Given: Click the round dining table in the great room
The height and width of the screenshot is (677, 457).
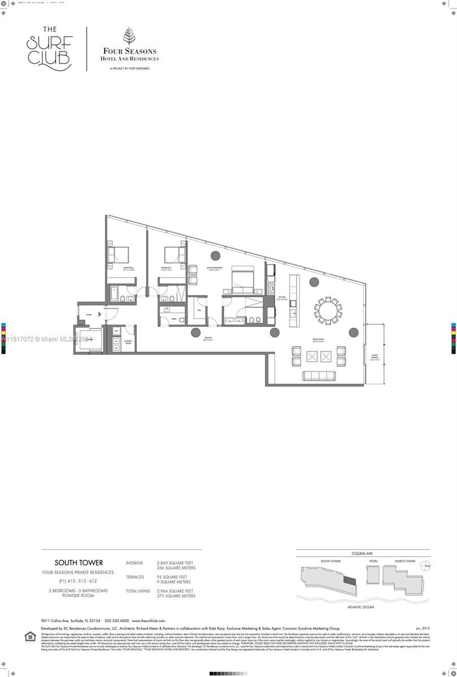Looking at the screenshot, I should click(x=328, y=309).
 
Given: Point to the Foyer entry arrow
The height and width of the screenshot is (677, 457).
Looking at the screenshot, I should click(x=99, y=314).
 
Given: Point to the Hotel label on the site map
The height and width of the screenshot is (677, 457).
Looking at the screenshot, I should click(x=373, y=561).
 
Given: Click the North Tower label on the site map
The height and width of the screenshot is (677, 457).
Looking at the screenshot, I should click(x=405, y=561).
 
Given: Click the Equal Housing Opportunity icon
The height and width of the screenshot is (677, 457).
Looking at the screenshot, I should click(x=29, y=636).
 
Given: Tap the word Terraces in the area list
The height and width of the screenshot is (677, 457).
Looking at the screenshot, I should click(x=135, y=577).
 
